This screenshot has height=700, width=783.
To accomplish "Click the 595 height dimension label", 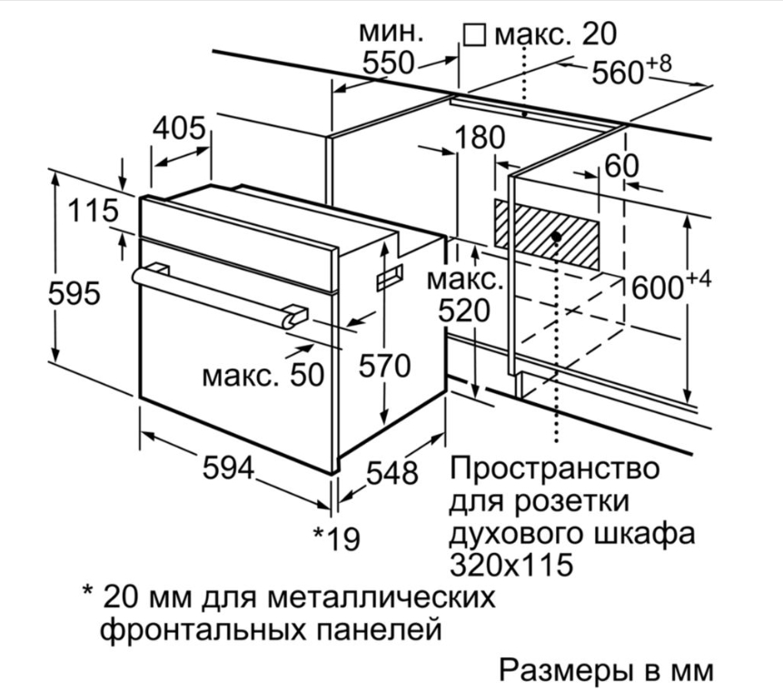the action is click(x=74, y=293).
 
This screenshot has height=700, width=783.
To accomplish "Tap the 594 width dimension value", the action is click(x=228, y=468).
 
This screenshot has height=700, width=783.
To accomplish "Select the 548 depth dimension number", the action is click(x=392, y=472).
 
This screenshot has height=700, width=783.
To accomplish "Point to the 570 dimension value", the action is click(x=384, y=365).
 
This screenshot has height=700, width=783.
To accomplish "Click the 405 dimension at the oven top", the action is click(x=179, y=128).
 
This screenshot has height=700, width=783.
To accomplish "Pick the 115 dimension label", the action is click(x=94, y=211).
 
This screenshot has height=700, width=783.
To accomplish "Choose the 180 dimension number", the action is click(x=480, y=137).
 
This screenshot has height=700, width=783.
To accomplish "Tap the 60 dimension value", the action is click(x=621, y=166).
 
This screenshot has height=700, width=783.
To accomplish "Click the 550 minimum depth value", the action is click(x=389, y=63).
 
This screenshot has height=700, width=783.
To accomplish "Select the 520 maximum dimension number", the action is click(x=464, y=311).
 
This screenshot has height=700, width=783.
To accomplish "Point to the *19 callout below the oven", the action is click(x=336, y=538).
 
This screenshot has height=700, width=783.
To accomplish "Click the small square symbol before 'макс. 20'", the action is click(x=474, y=35).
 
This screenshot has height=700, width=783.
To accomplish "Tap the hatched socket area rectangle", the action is click(x=547, y=234).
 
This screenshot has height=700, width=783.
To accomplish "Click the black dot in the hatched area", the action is click(x=556, y=236).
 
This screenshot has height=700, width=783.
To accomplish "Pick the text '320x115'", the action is click(x=510, y=564).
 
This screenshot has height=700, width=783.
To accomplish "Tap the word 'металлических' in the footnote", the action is click(x=382, y=597).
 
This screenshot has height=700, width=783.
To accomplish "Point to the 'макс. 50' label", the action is click(x=263, y=374).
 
